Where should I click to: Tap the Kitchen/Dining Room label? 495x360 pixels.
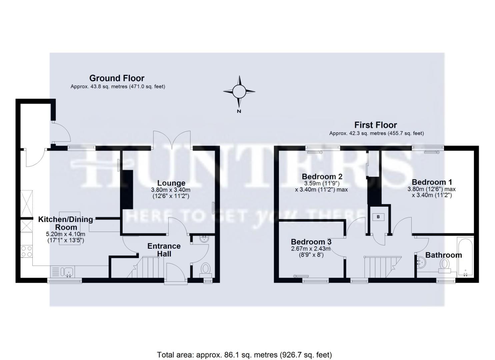point(66,223)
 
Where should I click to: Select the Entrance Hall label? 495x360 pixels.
point(164,250)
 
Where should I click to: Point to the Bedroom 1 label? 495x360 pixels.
point(432,182)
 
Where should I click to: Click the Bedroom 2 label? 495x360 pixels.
point(322,176)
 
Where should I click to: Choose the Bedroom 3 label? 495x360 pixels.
point(311,242)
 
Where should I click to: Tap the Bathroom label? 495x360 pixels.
point(444,255)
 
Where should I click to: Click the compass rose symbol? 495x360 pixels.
point(239,91)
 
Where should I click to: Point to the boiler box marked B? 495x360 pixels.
point(378,217)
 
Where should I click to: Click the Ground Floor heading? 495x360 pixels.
point(117,78)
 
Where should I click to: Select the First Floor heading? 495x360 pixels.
point(376,125)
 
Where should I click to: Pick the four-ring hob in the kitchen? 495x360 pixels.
point(27,251)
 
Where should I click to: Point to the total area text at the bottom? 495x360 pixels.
point(244,354)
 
